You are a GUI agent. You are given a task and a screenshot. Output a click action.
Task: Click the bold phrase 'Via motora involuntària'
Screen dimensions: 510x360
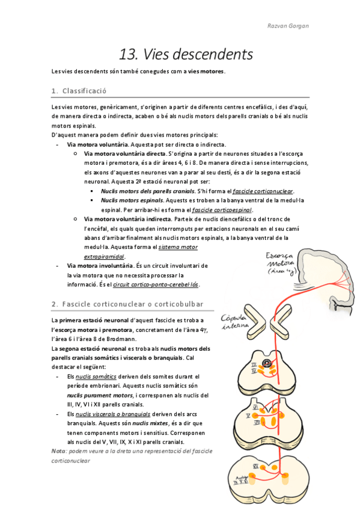[x=99, y=266]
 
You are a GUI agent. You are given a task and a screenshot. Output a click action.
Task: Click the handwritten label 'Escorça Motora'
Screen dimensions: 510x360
[x=280, y=260]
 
